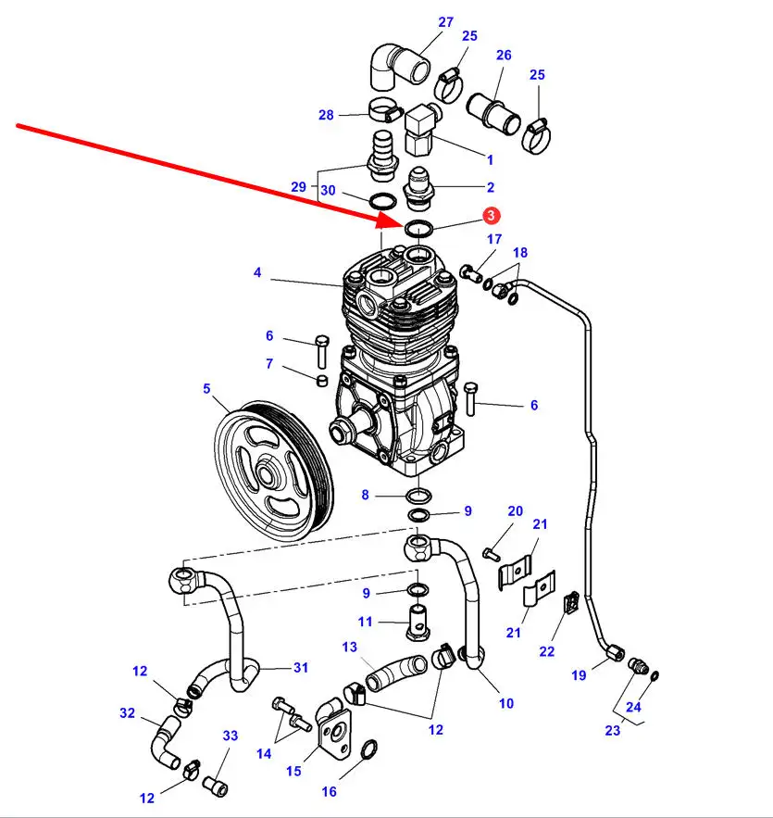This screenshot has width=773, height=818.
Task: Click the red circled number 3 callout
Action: tap(491, 216)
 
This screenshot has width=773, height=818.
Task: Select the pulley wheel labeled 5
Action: tap(274, 472)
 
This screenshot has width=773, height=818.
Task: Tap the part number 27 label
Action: tap(445, 22)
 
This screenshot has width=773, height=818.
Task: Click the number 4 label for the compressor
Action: tap(257, 272)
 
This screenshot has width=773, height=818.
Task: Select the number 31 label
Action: tap(301, 667)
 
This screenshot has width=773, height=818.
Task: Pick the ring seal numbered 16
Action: tap(368, 750)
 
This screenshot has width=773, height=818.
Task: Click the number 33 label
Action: tap(231, 736)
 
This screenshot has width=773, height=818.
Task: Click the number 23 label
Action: tap(613, 730)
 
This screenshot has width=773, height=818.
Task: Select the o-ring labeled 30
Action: tap(382, 200)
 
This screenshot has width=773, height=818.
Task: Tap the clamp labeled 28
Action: tap(386, 109)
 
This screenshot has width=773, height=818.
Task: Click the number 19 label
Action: tap(579, 675)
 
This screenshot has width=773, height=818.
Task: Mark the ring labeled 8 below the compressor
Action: tap(418, 495)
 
